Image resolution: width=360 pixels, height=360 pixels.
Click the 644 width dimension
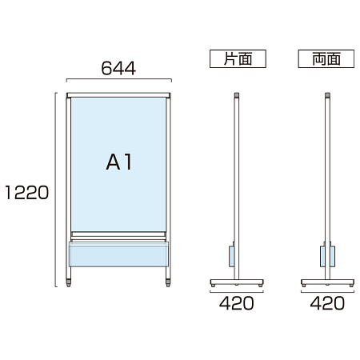pyautogui.click(x=118, y=68)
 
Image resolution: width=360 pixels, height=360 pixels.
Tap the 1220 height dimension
pyautogui.click(x=27, y=193)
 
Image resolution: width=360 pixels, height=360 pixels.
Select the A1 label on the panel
pyautogui.click(x=119, y=162)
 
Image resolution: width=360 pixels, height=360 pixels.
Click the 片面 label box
pyautogui.click(x=238, y=58)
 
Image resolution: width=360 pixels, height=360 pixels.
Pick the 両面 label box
pyautogui.click(x=326, y=58)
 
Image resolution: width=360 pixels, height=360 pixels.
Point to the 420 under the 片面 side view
pyautogui.click(x=237, y=303)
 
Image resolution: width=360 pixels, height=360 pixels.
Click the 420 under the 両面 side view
pyautogui.click(x=327, y=303)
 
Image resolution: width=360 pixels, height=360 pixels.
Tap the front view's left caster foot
pyautogui.click(x=69, y=282)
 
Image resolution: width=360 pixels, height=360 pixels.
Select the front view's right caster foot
pyautogui.click(x=168, y=282)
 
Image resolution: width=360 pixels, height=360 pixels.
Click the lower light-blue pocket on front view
pyautogui.click(x=118, y=254)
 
